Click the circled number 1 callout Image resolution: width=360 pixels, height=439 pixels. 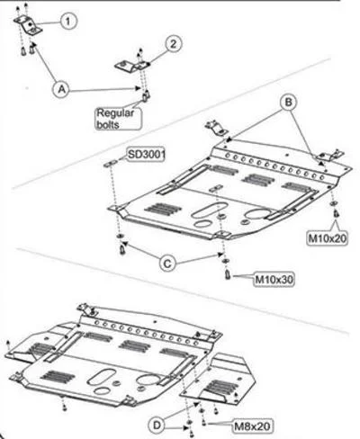pyautogui.click(x=68, y=21)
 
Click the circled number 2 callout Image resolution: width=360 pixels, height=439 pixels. pyautogui.click(x=173, y=44)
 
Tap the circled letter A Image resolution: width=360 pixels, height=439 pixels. pyautogui.click(x=61, y=89)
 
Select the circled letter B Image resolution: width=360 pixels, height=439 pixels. pyautogui.click(x=288, y=103)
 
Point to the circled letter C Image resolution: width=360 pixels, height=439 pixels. pyautogui.click(x=167, y=264)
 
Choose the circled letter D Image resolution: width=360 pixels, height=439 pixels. pyautogui.click(x=157, y=426)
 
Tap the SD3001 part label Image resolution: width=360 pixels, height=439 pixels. pyautogui.click(x=147, y=155)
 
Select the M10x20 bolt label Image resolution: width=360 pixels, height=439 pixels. pyautogui.click(x=328, y=238)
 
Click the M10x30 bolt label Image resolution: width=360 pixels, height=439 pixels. pyautogui.click(x=274, y=280)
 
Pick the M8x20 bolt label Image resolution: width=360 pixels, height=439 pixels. pyautogui.click(x=253, y=426)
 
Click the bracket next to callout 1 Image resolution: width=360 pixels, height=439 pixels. pyautogui.click(x=28, y=25)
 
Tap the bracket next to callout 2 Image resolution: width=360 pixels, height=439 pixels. pyautogui.click(x=132, y=67)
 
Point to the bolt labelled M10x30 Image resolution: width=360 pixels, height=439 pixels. pyautogui.click(x=228, y=273)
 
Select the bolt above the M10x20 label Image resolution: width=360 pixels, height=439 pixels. pyautogui.click(x=336, y=214)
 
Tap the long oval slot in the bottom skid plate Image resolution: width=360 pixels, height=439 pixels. pyautogui.click(x=102, y=376)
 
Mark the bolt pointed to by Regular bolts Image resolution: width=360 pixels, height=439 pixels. pyautogui.click(x=146, y=96)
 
